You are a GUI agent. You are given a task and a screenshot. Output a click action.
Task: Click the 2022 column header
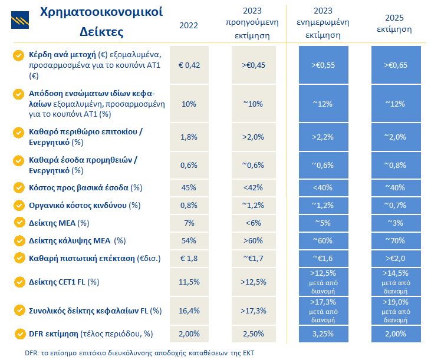(x=189, y=25)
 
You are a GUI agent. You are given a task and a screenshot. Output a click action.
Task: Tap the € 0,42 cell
(x=189, y=65)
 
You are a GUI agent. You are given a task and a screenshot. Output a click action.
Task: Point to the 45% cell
(x=189, y=188)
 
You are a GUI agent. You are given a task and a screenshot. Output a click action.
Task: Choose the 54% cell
(x=189, y=240)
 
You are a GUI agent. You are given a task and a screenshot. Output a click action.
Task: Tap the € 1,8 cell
(x=189, y=258)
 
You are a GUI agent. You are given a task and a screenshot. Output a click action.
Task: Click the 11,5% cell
(x=189, y=282)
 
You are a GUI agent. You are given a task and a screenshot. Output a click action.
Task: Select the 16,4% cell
(x=189, y=310)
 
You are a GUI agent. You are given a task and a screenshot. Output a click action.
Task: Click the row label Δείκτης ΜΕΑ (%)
(x=59, y=223)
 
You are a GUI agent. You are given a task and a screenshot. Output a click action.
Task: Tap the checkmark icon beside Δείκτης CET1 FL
(x=18, y=282)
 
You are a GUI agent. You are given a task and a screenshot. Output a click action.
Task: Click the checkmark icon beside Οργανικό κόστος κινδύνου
(x=18, y=206)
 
